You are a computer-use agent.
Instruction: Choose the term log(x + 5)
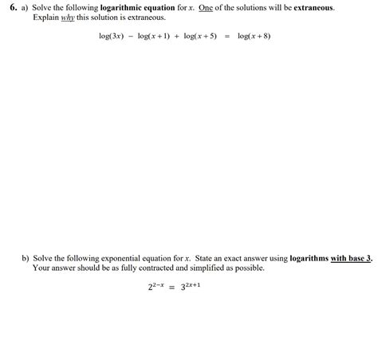pyautogui.click(x=199, y=36)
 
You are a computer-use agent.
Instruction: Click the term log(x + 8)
pyautogui.click(x=254, y=36)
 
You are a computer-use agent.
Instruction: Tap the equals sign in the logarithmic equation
pyautogui.click(x=227, y=36)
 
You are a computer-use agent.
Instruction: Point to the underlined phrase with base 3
pyautogui.click(x=351, y=258)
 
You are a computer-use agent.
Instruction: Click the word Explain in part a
pyautogui.click(x=45, y=17)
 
